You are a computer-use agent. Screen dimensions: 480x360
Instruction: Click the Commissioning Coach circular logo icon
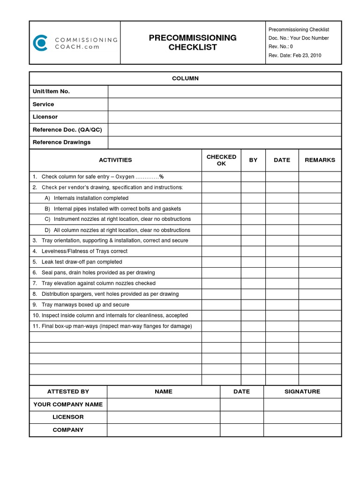click(40, 43)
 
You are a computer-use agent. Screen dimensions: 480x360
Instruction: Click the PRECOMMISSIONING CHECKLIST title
click(193, 43)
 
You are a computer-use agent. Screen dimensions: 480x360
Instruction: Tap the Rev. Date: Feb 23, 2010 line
click(294, 55)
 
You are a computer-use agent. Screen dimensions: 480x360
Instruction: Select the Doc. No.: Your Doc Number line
click(299, 38)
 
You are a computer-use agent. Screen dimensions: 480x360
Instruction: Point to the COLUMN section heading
click(185, 78)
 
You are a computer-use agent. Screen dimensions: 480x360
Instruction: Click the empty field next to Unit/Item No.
click(224, 91)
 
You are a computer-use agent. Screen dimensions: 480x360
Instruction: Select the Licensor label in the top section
click(45, 117)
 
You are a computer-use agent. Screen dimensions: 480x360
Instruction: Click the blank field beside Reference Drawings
click(224, 142)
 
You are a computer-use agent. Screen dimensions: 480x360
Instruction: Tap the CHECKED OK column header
click(221, 160)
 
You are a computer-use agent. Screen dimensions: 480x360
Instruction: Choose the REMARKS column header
click(320, 160)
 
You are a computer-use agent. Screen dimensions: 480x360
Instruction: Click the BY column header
click(253, 160)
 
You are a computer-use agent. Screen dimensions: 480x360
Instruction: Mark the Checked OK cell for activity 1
click(221, 177)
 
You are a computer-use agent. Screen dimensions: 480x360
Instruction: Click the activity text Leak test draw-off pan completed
click(82, 262)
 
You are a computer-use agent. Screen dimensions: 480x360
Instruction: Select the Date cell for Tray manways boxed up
click(282, 305)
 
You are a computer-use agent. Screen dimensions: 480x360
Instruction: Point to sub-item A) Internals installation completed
click(86, 198)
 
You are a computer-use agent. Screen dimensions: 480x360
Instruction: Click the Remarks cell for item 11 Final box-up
click(320, 326)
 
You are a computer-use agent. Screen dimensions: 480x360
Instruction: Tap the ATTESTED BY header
click(68, 391)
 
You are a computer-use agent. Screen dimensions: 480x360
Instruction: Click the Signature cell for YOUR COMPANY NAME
click(302, 405)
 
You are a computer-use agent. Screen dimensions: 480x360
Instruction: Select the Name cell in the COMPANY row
click(163, 430)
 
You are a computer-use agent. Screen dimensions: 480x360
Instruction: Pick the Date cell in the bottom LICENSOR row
click(241, 417)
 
